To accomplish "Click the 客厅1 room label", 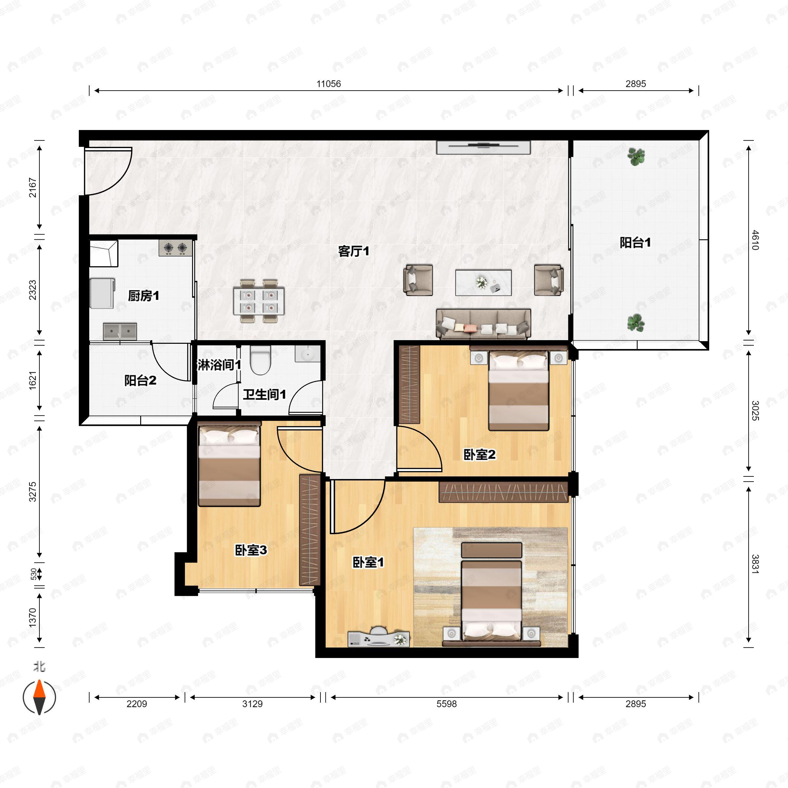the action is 353,251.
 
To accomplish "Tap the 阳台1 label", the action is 635,243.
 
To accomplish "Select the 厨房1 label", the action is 143,296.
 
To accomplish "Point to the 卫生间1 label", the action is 264,394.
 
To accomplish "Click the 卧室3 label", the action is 251,550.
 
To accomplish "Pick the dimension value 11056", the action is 328,84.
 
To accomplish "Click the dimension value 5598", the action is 446,704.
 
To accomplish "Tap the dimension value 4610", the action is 755,240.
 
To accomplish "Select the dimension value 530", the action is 33,574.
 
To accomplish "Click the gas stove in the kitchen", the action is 175,248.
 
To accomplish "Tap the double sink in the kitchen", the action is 120,331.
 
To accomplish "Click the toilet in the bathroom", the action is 260,360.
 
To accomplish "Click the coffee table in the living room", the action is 483,282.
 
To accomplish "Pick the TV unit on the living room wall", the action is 483,147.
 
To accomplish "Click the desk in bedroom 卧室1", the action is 379,638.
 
